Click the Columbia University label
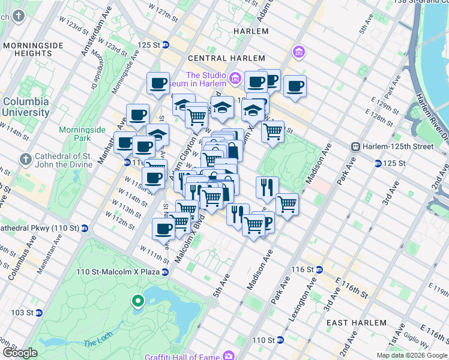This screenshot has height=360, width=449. coord(26,107)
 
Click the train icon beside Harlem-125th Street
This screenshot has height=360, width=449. coord(356,146)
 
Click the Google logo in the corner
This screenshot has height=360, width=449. coord(20,353)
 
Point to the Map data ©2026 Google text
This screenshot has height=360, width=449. coord(412,355)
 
